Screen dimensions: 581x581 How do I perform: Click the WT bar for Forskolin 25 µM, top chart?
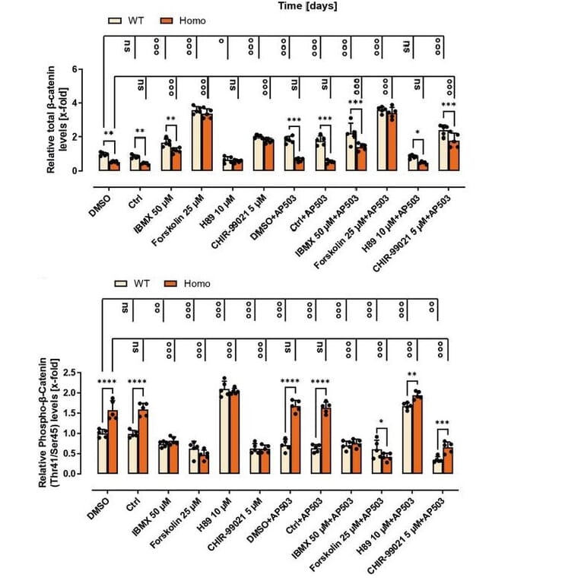pos(195,139)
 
